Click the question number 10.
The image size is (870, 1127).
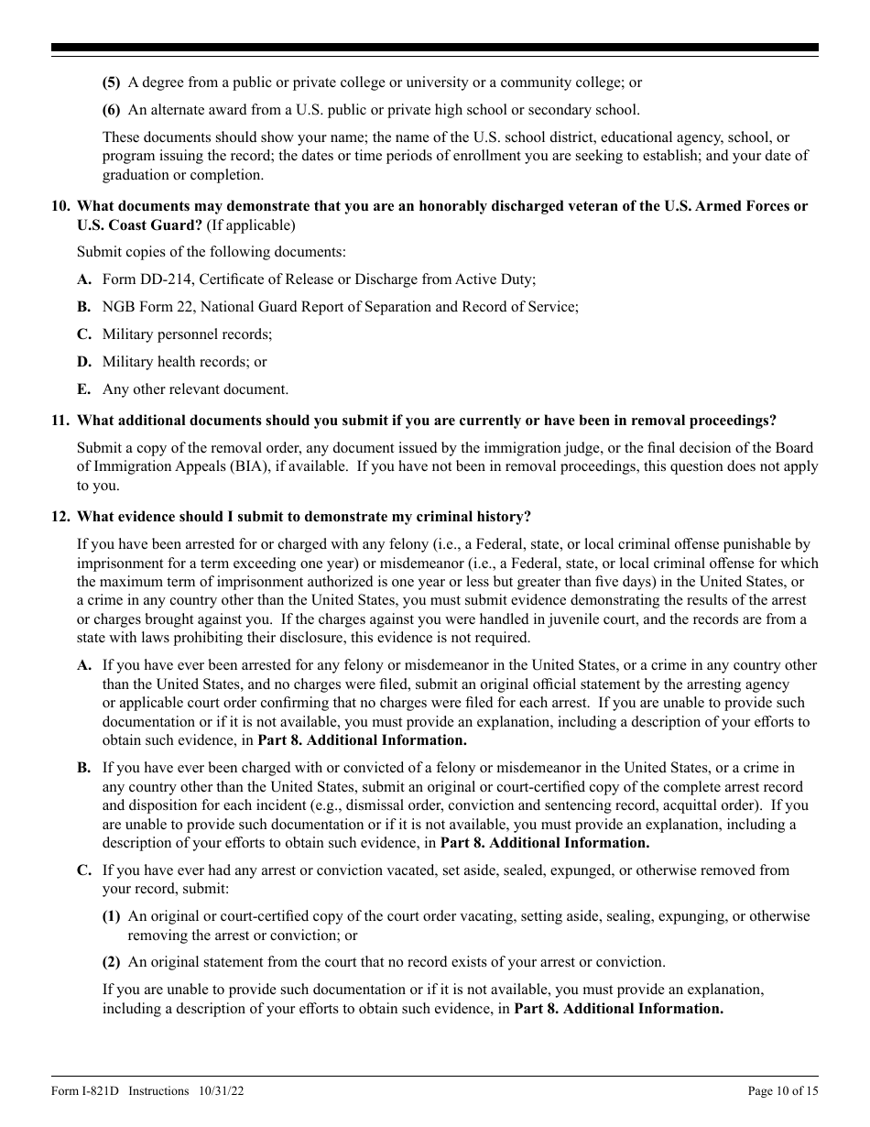59,206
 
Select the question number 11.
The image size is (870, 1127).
59,421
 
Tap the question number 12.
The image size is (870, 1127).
59,517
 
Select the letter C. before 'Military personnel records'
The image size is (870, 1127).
83,334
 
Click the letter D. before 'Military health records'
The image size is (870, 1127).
83,362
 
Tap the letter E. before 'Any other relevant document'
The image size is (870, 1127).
83,389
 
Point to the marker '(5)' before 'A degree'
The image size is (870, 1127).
111,82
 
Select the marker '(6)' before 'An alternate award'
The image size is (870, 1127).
111,110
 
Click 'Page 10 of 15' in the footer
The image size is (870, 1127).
783,1091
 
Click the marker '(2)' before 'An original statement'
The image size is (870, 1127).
111,962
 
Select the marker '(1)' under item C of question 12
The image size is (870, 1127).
111,916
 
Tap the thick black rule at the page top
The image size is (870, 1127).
435,48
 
